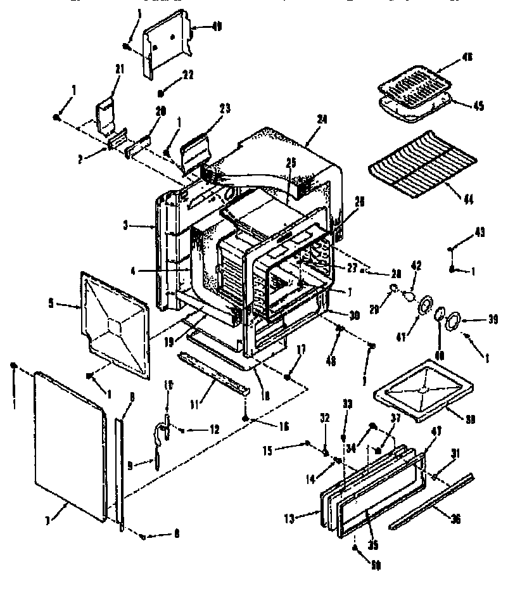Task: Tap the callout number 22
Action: pos(186,75)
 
